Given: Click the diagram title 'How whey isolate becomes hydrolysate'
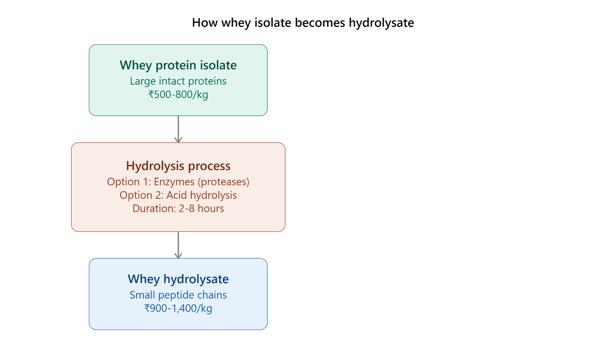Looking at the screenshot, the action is [x=303, y=23].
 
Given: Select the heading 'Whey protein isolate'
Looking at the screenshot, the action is [x=178, y=66].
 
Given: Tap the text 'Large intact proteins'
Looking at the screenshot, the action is [x=178, y=81].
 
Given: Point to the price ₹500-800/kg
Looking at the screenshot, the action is [x=178, y=95].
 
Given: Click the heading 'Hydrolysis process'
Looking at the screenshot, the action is [x=178, y=166].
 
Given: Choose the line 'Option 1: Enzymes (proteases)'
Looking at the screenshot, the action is [x=178, y=182].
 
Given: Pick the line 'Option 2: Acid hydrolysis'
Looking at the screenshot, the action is [x=178, y=195].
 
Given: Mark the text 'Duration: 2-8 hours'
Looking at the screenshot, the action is [x=178, y=209].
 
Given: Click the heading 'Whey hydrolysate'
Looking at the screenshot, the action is [x=178, y=279].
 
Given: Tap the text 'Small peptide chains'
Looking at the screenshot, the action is [x=178, y=295].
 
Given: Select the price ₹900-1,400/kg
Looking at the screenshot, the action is [x=178, y=308].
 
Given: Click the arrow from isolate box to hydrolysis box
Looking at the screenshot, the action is [x=178, y=129].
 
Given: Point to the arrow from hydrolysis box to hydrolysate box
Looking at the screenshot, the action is [x=178, y=245].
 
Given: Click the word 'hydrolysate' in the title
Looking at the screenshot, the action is [x=381, y=23].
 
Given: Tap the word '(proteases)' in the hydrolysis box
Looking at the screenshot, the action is [x=223, y=182].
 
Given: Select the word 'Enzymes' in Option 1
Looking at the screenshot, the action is [x=174, y=182].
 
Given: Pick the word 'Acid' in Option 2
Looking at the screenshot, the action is [x=175, y=195].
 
